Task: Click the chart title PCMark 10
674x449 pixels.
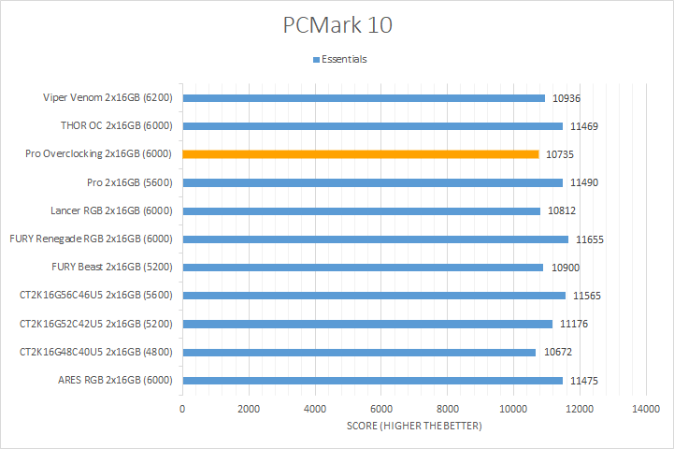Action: pyautogui.click(x=337, y=25)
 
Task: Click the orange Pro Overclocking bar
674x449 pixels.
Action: pyautogui.click(x=361, y=153)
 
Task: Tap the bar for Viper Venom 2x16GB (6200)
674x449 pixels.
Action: pyautogui.click(x=364, y=97)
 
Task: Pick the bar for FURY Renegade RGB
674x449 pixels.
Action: pyautogui.click(x=375, y=239)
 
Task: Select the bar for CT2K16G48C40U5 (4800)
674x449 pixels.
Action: pyautogui.click(x=359, y=352)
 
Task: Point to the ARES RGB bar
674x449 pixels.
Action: pyautogui.click(x=372, y=380)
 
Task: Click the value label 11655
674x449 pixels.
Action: pyautogui.click(x=590, y=239)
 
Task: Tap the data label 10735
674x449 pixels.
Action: pyautogui.click(x=560, y=154)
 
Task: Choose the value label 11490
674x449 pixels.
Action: pyautogui.click(x=584, y=182)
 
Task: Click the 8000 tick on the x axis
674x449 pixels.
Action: pyautogui.click(x=447, y=410)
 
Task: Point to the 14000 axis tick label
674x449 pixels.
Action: pyautogui.click(x=646, y=410)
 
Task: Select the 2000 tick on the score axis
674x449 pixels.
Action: pyautogui.click(x=249, y=410)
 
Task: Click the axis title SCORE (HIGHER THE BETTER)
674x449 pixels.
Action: pyautogui.click(x=414, y=427)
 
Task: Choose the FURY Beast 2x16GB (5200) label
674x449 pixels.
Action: pyautogui.click(x=117, y=268)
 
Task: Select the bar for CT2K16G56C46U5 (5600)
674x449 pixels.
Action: pyautogui.click(x=374, y=296)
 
